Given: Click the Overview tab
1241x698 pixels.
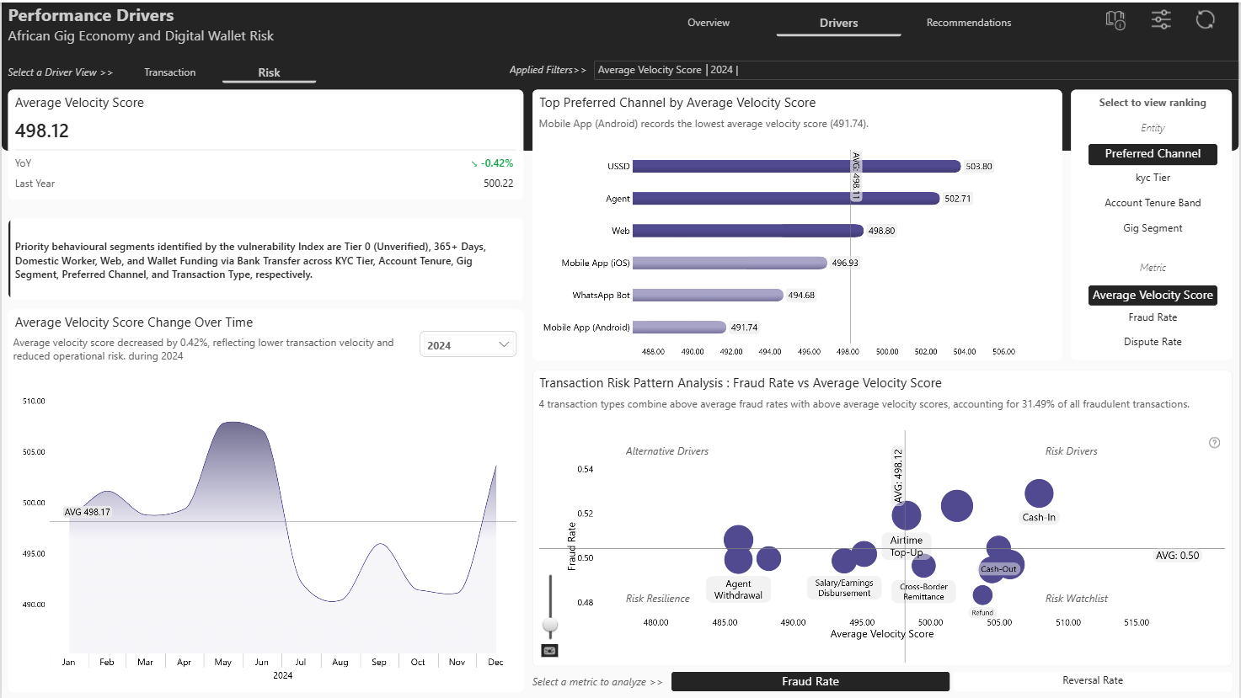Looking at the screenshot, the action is pos(708,23).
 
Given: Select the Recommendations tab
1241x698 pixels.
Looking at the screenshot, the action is pos(968,23).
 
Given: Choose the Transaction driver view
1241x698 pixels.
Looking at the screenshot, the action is pos(169,72).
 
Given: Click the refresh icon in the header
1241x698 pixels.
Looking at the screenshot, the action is pos(1205,20).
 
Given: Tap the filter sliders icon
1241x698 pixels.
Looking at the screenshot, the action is pos(1161,20).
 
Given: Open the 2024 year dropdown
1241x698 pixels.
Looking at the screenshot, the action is pos(468,345).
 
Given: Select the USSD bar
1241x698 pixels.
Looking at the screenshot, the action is pos(796,166).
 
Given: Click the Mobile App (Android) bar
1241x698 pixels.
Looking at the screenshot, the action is pos(679,328).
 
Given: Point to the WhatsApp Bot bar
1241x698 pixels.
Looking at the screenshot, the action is pos(708,295).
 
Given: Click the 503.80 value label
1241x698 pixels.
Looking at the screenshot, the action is pos(978,166).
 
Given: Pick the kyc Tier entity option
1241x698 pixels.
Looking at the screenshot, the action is pos(1153,178).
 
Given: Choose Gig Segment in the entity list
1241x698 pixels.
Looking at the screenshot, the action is pos(1153,228).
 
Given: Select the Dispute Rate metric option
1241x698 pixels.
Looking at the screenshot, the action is pos(1153,342).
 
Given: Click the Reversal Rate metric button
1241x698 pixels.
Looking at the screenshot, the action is pos(1093,680).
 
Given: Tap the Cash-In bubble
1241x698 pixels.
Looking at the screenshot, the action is pos(1039,493).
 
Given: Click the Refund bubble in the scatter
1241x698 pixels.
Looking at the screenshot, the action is pos(982,595).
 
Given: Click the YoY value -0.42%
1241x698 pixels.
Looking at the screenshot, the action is pos(496,163).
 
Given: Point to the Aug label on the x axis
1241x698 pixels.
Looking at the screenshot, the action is pos(340,662).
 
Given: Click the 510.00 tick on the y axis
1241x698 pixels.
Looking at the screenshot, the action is pos(34,402).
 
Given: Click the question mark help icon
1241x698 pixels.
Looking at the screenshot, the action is pos(1214,443).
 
